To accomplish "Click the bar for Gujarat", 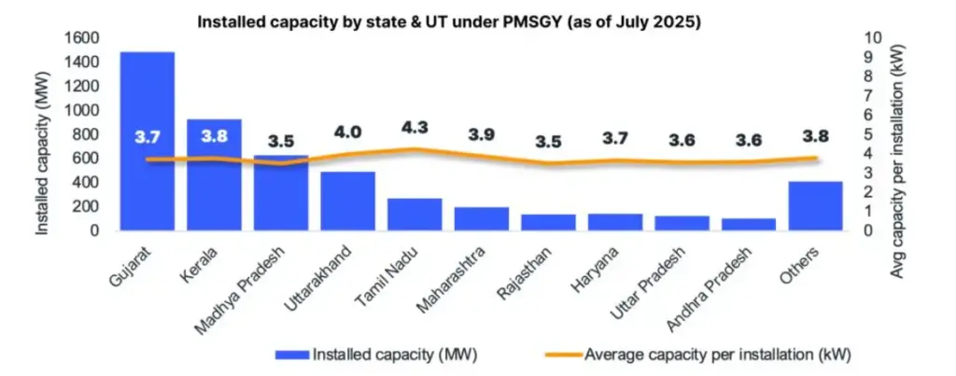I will tap(147, 141).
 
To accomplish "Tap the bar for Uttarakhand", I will tap(348, 201).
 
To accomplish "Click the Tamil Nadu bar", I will tap(415, 214).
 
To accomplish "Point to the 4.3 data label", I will tap(415, 127).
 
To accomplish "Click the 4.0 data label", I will tap(348, 132).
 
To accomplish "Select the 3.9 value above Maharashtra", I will tap(481, 134).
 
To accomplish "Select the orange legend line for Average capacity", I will tap(557, 354).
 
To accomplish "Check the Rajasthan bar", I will tap(548, 222).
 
